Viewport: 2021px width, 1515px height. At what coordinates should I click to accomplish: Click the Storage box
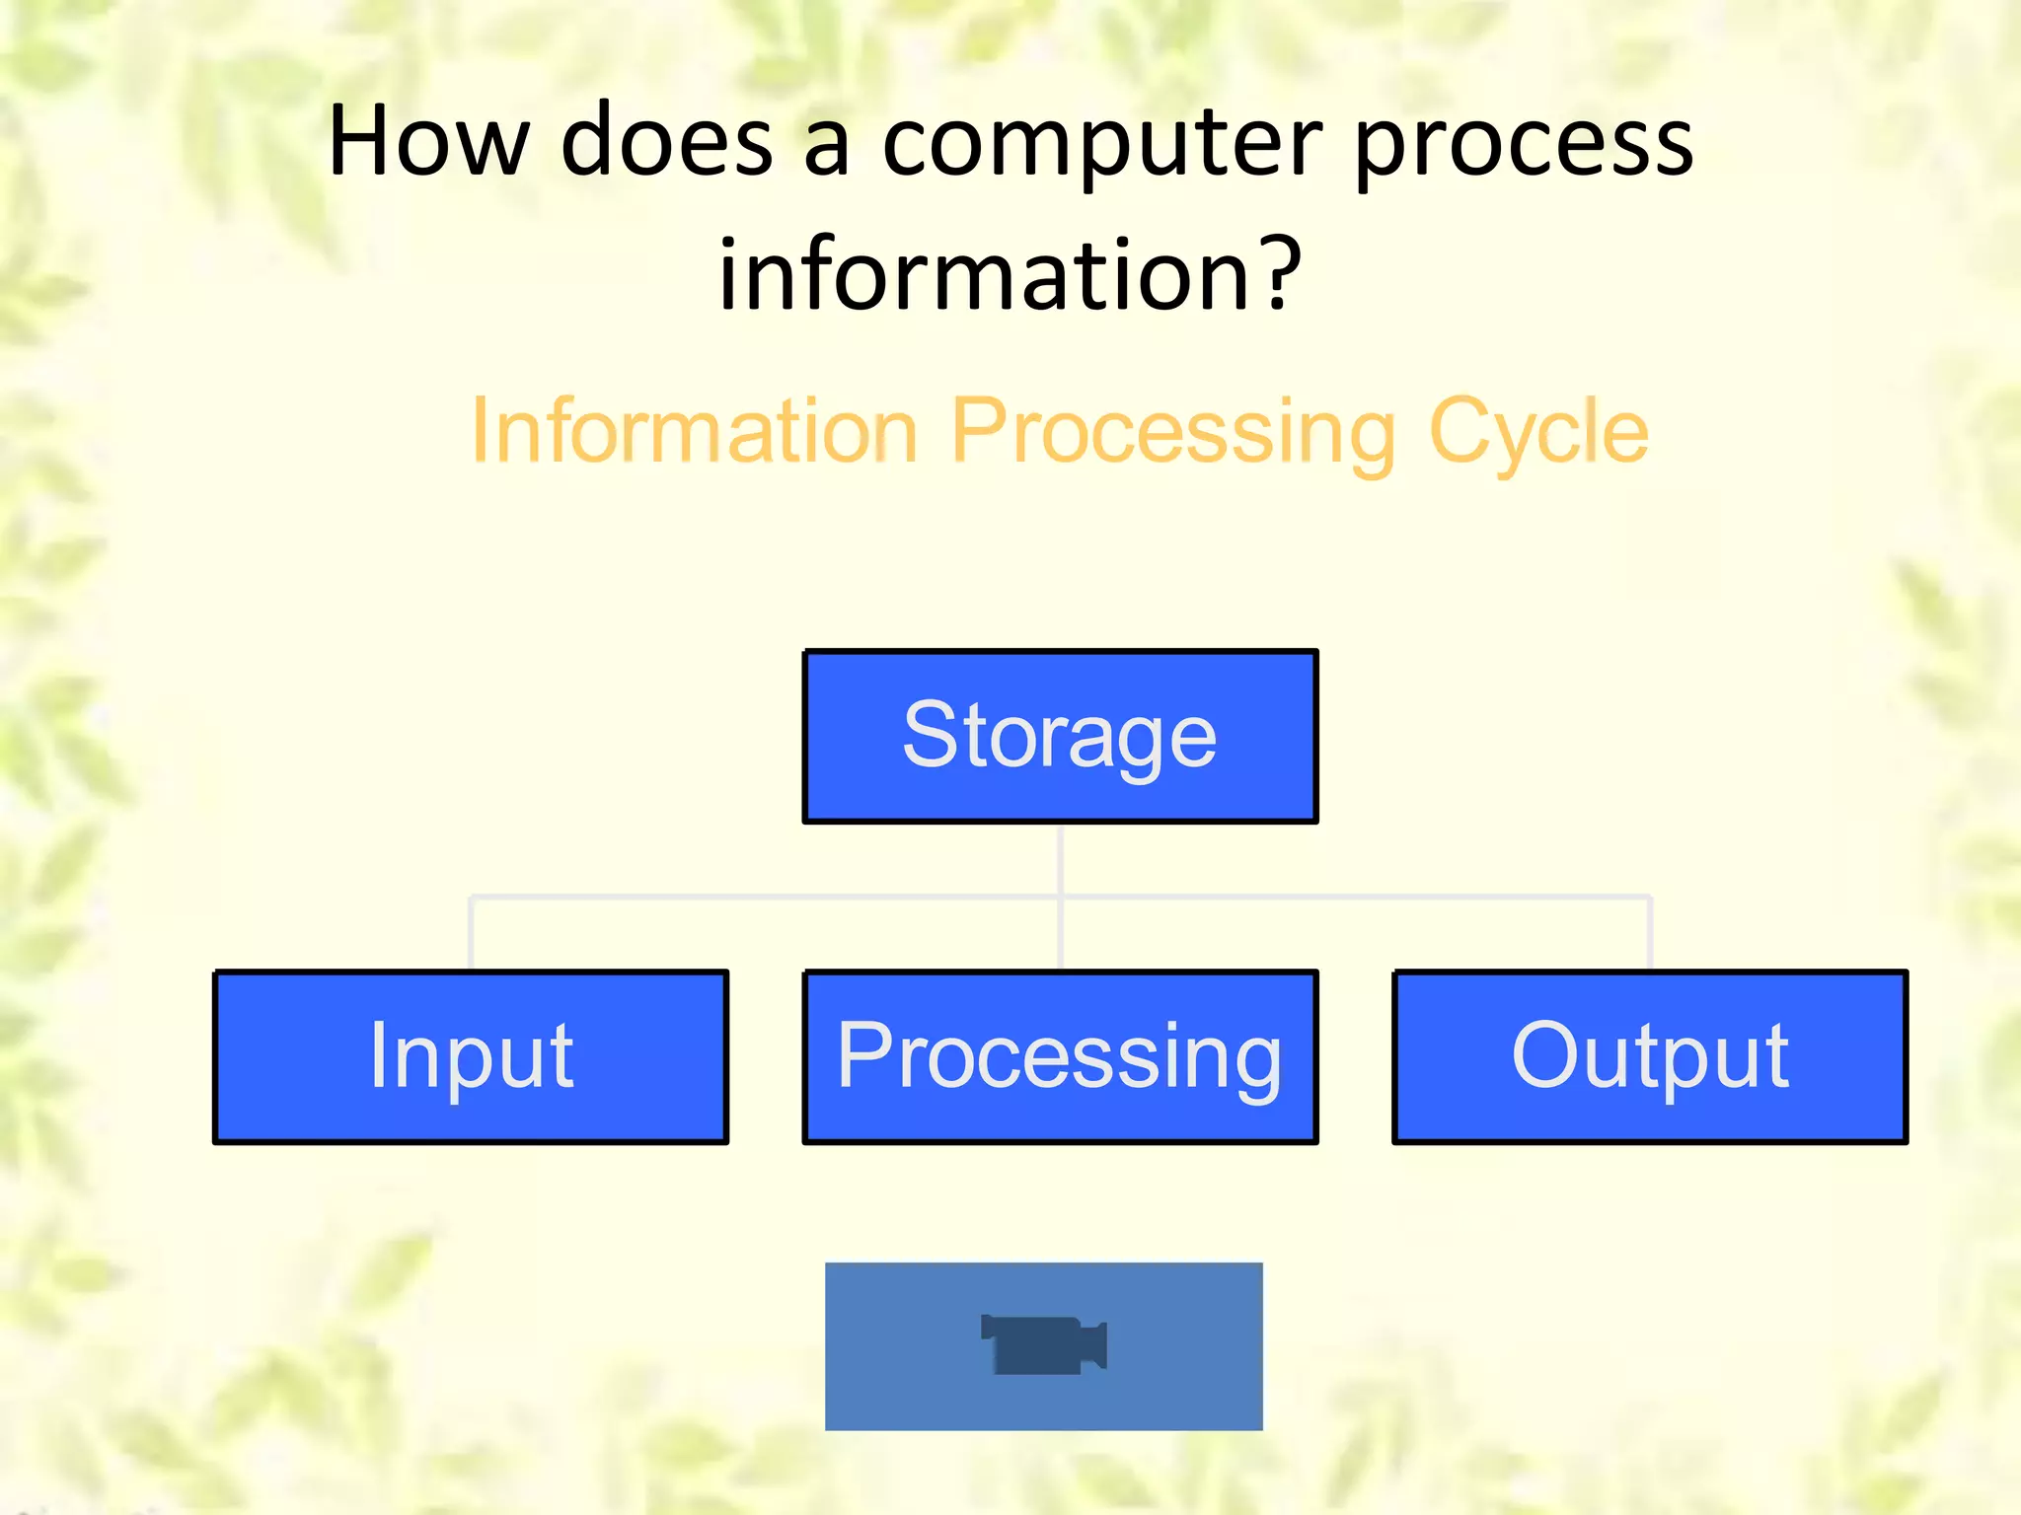[x=1060, y=736]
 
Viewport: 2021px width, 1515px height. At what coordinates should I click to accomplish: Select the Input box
[x=471, y=1056]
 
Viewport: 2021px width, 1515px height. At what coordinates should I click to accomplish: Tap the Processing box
[x=1060, y=1056]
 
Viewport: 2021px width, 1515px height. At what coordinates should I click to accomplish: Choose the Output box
[x=1649, y=1056]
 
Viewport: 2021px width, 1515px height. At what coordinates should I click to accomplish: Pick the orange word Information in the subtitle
[x=695, y=431]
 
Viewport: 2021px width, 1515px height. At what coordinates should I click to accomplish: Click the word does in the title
[x=666, y=143]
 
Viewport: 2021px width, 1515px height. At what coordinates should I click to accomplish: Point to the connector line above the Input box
[x=472, y=933]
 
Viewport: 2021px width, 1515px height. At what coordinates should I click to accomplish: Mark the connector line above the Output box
[x=1650, y=933]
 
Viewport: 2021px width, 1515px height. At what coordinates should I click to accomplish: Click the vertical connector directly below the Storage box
[x=1061, y=858]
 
